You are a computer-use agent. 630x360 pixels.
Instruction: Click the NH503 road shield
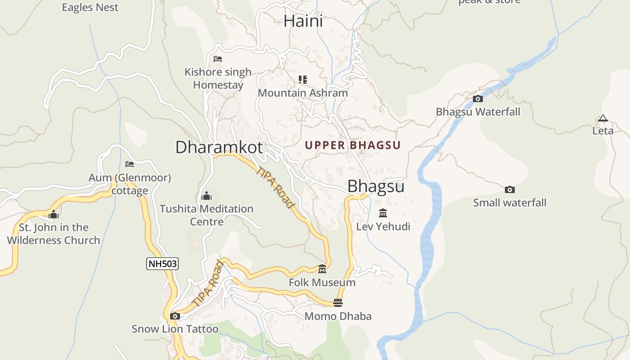[162, 264]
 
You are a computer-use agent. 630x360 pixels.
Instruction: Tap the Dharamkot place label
[219, 147]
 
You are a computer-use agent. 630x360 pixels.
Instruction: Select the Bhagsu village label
[376, 186]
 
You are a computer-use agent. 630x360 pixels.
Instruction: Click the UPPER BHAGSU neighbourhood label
[352, 145]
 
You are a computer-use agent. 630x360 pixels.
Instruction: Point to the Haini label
[303, 21]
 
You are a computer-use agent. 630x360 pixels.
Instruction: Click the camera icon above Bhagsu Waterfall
[478, 99]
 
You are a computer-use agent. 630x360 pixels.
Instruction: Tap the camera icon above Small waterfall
[509, 189]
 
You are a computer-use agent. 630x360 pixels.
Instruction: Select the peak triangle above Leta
[603, 119]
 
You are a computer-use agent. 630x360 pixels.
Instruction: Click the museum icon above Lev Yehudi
[383, 213]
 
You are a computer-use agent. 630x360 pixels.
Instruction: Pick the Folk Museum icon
[322, 269]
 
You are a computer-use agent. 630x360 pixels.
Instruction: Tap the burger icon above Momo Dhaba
[338, 303]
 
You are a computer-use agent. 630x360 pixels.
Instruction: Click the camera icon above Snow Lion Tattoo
[175, 316]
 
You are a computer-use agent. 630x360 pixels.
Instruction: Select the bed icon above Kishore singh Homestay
[218, 59]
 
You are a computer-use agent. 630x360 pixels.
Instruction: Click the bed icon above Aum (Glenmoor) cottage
[130, 164]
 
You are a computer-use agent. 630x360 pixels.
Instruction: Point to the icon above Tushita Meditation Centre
[207, 196]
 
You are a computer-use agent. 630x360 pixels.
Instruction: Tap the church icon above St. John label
[54, 214]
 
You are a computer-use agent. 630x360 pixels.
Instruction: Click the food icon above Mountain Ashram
[303, 80]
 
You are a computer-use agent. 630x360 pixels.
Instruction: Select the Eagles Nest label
[90, 7]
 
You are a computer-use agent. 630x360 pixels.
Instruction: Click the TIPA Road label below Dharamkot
[275, 187]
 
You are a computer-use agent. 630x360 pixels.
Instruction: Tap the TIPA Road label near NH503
[207, 284]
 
